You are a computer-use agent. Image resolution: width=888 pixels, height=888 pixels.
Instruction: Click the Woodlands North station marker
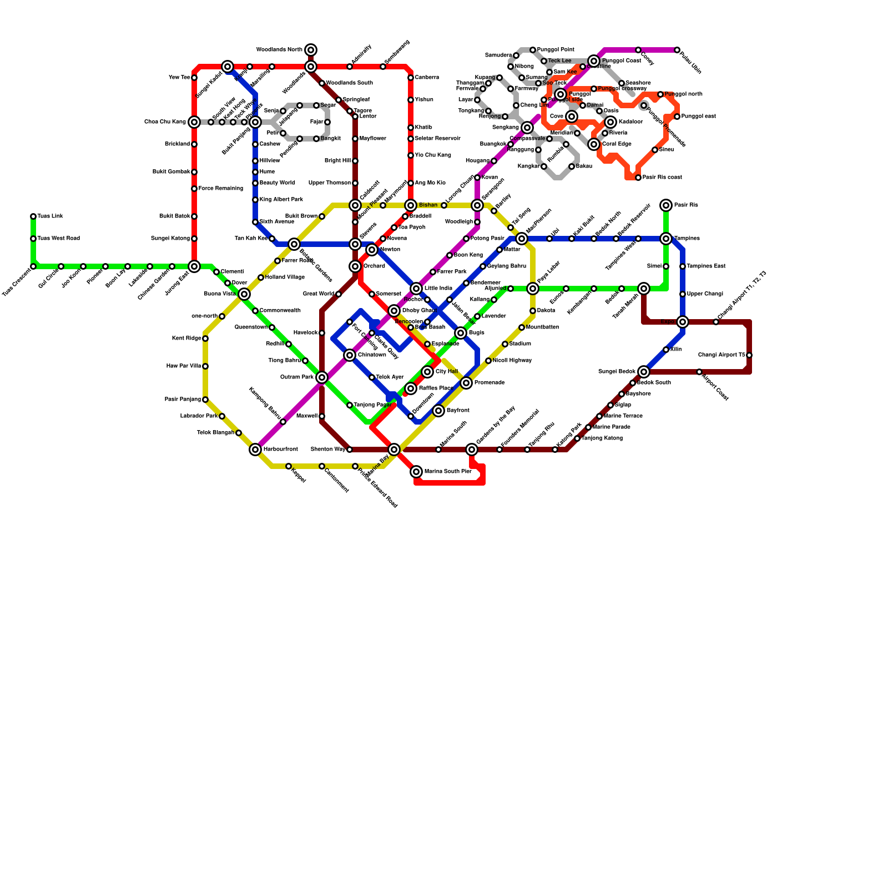(311, 50)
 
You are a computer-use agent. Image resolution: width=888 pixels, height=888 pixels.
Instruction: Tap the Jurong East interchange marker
(194, 266)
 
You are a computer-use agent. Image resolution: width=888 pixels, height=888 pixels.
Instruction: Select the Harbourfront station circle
(255, 450)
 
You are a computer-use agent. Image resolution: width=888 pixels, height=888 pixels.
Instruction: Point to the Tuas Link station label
(51, 216)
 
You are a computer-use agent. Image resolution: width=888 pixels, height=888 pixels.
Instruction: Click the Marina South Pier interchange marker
(416, 472)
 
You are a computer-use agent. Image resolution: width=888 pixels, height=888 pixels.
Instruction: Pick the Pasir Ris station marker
(666, 205)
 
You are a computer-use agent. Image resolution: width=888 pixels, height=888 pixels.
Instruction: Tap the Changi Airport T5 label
(721, 355)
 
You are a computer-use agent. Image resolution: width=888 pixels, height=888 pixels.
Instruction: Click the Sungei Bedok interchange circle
(644, 372)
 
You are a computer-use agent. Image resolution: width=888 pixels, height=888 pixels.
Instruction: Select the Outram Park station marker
(322, 377)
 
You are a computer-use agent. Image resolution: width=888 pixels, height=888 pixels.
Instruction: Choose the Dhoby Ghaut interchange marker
(394, 311)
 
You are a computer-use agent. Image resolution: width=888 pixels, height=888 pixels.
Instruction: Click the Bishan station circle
(411, 205)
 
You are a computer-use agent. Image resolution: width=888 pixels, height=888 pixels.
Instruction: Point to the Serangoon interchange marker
(477, 205)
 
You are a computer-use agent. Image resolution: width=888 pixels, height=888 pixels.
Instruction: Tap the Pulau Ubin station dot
(677, 50)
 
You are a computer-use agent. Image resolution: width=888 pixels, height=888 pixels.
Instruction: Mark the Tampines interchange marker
(666, 239)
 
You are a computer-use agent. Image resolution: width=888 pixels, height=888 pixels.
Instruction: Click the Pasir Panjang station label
(183, 400)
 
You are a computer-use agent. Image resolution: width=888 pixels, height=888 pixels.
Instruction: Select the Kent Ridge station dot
(205, 339)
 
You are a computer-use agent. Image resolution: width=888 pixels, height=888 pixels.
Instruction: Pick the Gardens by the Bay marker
(472, 450)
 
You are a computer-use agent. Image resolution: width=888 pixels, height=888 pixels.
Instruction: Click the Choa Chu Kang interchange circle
(194, 122)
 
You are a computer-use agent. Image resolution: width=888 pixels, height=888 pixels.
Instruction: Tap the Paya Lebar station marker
(533, 289)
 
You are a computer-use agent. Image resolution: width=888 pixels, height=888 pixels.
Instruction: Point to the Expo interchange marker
(683, 322)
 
